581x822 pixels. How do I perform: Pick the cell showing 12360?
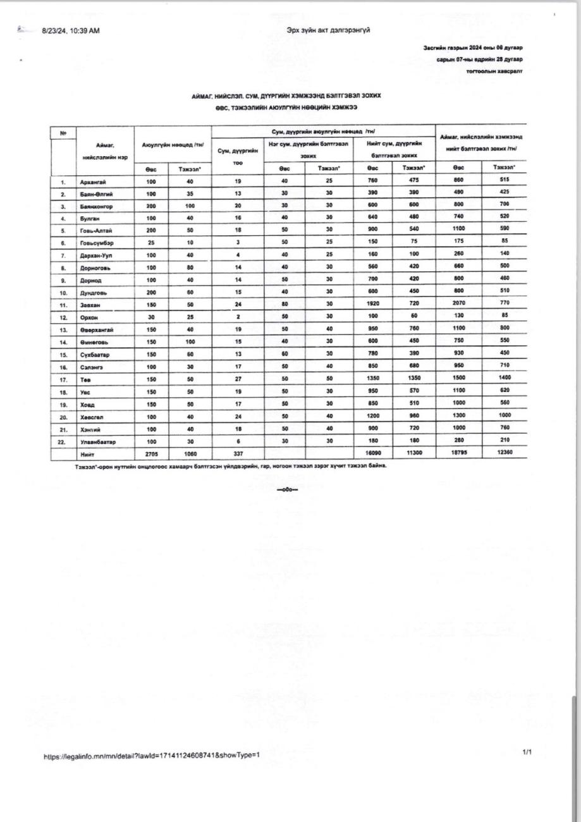point(504,453)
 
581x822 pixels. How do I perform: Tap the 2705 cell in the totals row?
point(151,453)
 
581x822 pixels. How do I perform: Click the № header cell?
point(63,133)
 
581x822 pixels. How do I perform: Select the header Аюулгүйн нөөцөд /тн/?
point(173,145)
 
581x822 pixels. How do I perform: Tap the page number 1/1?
point(527,752)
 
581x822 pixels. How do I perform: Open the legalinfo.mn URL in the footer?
point(152,756)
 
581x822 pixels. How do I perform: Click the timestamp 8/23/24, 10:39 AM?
point(71,30)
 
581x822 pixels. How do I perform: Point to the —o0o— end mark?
point(287,489)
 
